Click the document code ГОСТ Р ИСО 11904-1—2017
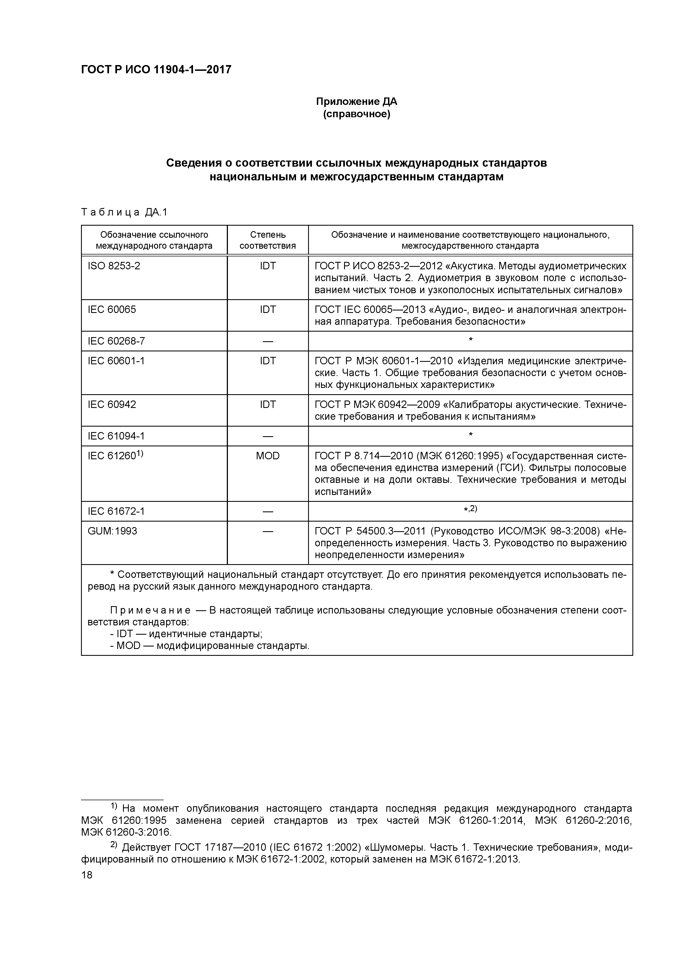(156, 70)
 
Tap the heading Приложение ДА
(356, 102)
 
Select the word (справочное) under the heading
(356, 114)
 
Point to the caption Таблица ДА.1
(124, 213)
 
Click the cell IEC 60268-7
(116, 341)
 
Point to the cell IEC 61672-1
(116, 511)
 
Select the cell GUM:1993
(113, 531)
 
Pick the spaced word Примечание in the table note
(150, 610)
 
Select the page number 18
(87, 875)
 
